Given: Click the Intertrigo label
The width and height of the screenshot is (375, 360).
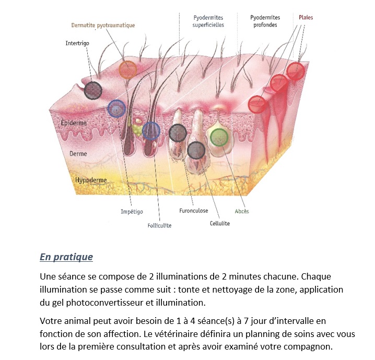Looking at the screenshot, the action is click(x=77, y=43).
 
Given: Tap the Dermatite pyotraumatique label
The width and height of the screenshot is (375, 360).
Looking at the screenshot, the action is click(x=103, y=26).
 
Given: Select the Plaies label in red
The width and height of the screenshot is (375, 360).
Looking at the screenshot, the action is click(x=306, y=17).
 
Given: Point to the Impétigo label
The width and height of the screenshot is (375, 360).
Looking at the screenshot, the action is click(x=132, y=212).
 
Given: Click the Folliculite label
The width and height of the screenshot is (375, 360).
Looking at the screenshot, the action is click(x=159, y=226).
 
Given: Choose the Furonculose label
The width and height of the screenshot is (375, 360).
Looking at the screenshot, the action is click(x=194, y=211).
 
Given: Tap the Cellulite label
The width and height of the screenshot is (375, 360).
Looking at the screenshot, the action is click(x=220, y=224).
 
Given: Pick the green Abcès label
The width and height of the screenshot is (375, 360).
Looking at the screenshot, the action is click(x=242, y=211).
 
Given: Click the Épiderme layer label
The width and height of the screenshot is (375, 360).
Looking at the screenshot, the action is click(x=74, y=123).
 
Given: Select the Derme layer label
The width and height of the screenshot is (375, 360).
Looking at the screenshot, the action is click(x=78, y=154).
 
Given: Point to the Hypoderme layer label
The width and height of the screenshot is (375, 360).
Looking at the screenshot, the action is click(x=91, y=180).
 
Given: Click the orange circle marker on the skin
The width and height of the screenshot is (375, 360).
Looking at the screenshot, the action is click(x=128, y=70).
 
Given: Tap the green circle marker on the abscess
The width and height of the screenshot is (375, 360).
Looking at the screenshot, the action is click(x=219, y=137).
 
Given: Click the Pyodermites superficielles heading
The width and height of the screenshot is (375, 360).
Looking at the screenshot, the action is click(x=208, y=21).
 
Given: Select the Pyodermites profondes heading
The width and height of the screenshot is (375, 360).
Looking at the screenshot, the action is click(x=265, y=21).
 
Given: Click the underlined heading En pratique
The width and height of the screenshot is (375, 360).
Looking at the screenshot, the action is click(x=66, y=257).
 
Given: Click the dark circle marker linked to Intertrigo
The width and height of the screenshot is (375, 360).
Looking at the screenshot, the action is click(x=93, y=90).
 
